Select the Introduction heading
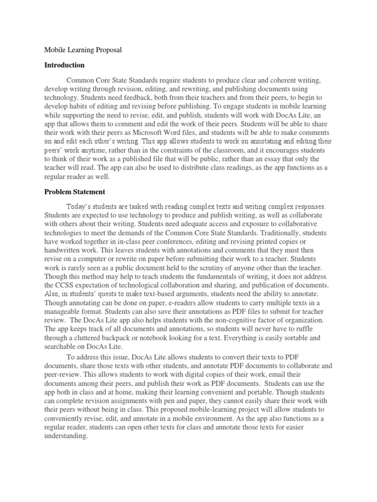pyautogui.click(x=64, y=65)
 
